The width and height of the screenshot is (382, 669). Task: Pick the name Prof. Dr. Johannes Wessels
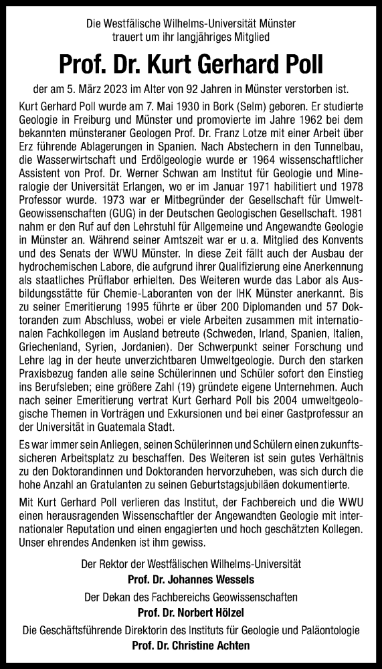pyautogui.click(x=191, y=577)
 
